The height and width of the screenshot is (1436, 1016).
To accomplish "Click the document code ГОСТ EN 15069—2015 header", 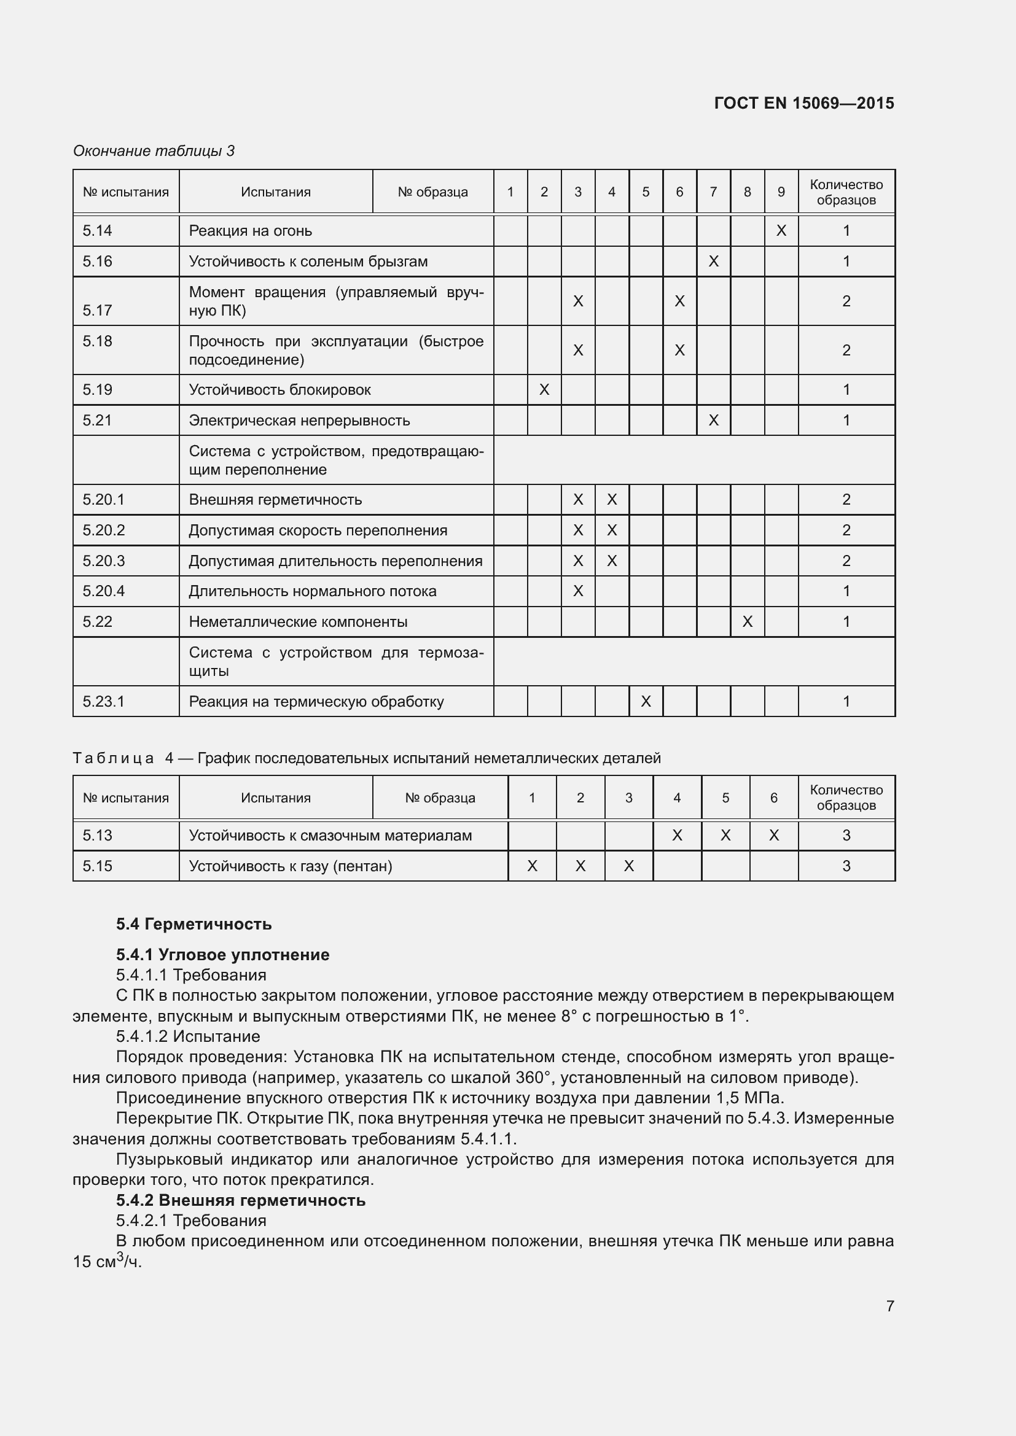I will (803, 103).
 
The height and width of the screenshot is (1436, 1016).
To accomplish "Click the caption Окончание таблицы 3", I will (154, 151).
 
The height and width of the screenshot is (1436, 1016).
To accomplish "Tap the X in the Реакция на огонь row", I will (781, 231).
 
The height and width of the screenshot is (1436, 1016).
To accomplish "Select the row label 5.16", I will (98, 262).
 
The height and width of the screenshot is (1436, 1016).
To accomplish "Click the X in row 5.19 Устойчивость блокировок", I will (544, 390).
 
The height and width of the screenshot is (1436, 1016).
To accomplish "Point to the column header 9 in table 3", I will (781, 192).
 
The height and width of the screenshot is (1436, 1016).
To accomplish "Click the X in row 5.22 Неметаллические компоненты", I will (747, 622).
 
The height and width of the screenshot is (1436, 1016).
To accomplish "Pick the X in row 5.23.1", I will (646, 702).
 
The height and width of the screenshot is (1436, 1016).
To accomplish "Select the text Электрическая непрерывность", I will (299, 421).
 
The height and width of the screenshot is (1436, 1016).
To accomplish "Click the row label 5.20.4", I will (104, 591).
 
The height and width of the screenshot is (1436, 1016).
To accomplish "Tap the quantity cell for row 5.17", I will (846, 301).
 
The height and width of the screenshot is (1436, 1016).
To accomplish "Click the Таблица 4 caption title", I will (367, 758).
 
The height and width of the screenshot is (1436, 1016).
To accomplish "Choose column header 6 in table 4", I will (773, 798).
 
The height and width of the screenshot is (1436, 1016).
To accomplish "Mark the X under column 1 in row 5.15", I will (532, 866).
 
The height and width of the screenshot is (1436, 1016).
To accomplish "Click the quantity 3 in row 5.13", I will (846, 836).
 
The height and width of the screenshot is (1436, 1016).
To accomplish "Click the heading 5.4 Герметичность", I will (193, 924).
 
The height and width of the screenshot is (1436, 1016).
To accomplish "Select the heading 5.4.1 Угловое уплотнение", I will (222, 955).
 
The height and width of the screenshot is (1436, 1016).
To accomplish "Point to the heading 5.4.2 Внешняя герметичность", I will (240, 1200).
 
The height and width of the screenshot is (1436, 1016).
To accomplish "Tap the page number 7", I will (889, 1306).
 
